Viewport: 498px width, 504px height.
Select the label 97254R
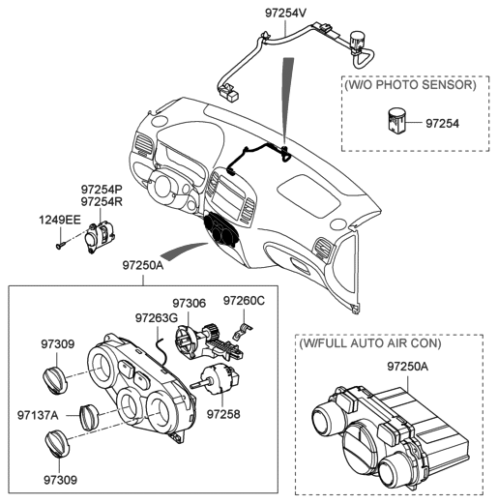[x=102, y=200]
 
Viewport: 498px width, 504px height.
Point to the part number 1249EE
[x=60, y=221]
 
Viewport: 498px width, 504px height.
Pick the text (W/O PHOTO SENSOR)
[x=410, y=86]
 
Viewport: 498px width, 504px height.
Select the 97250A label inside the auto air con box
[x=409, y=367]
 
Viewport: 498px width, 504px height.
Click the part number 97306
[x=190, y=303]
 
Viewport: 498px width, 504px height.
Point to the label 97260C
[x=244, y=301]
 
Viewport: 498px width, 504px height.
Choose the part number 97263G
[x=156, y=317]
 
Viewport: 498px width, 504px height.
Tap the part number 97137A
[x=39, y=414]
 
